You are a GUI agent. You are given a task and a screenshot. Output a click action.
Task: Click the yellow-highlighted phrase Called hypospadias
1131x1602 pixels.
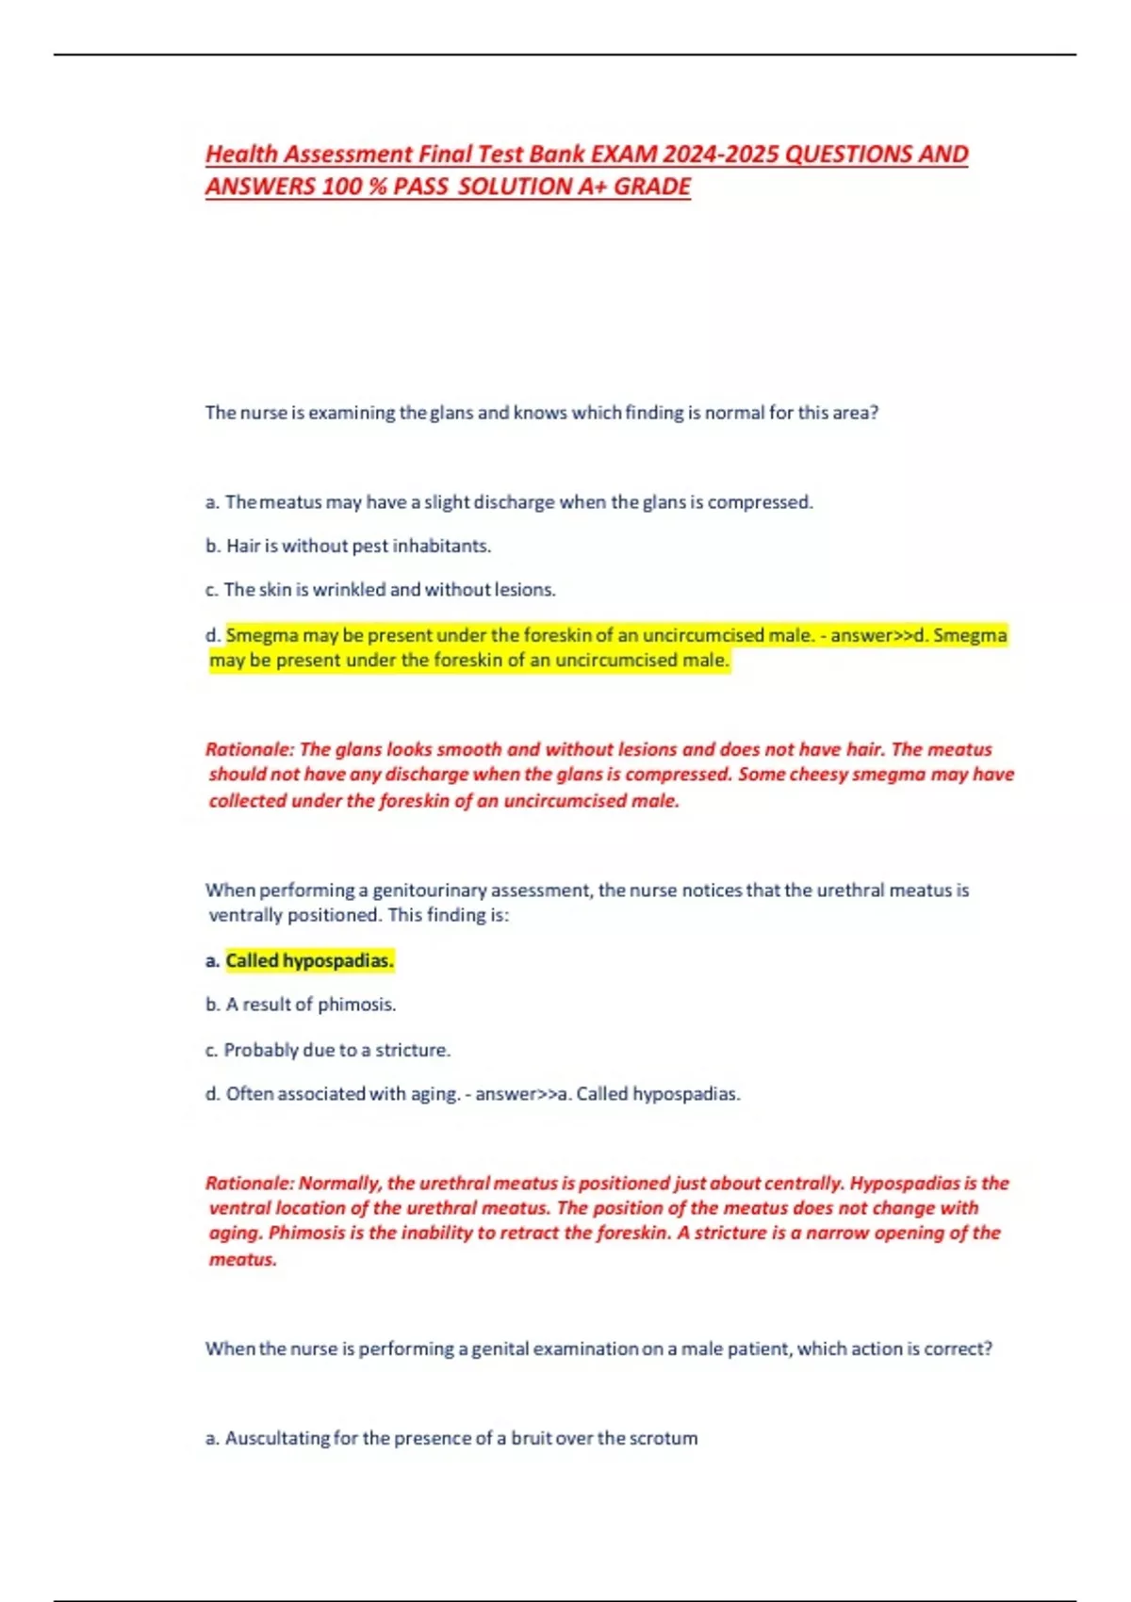pos(309,960)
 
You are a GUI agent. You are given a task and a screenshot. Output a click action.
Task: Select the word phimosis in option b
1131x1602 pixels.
pos(356,1005)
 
